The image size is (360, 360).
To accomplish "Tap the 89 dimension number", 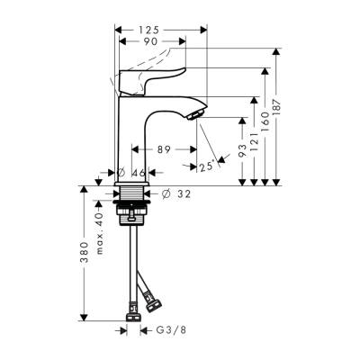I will point(164,149).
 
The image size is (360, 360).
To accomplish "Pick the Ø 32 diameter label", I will point(177,193).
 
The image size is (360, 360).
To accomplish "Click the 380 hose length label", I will point(84,257).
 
